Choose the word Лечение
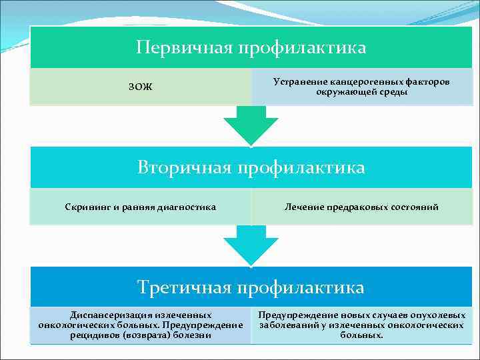pyautogui.click(x=304, y=207)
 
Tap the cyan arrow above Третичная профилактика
pyautogui.click(x=250, y=243)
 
